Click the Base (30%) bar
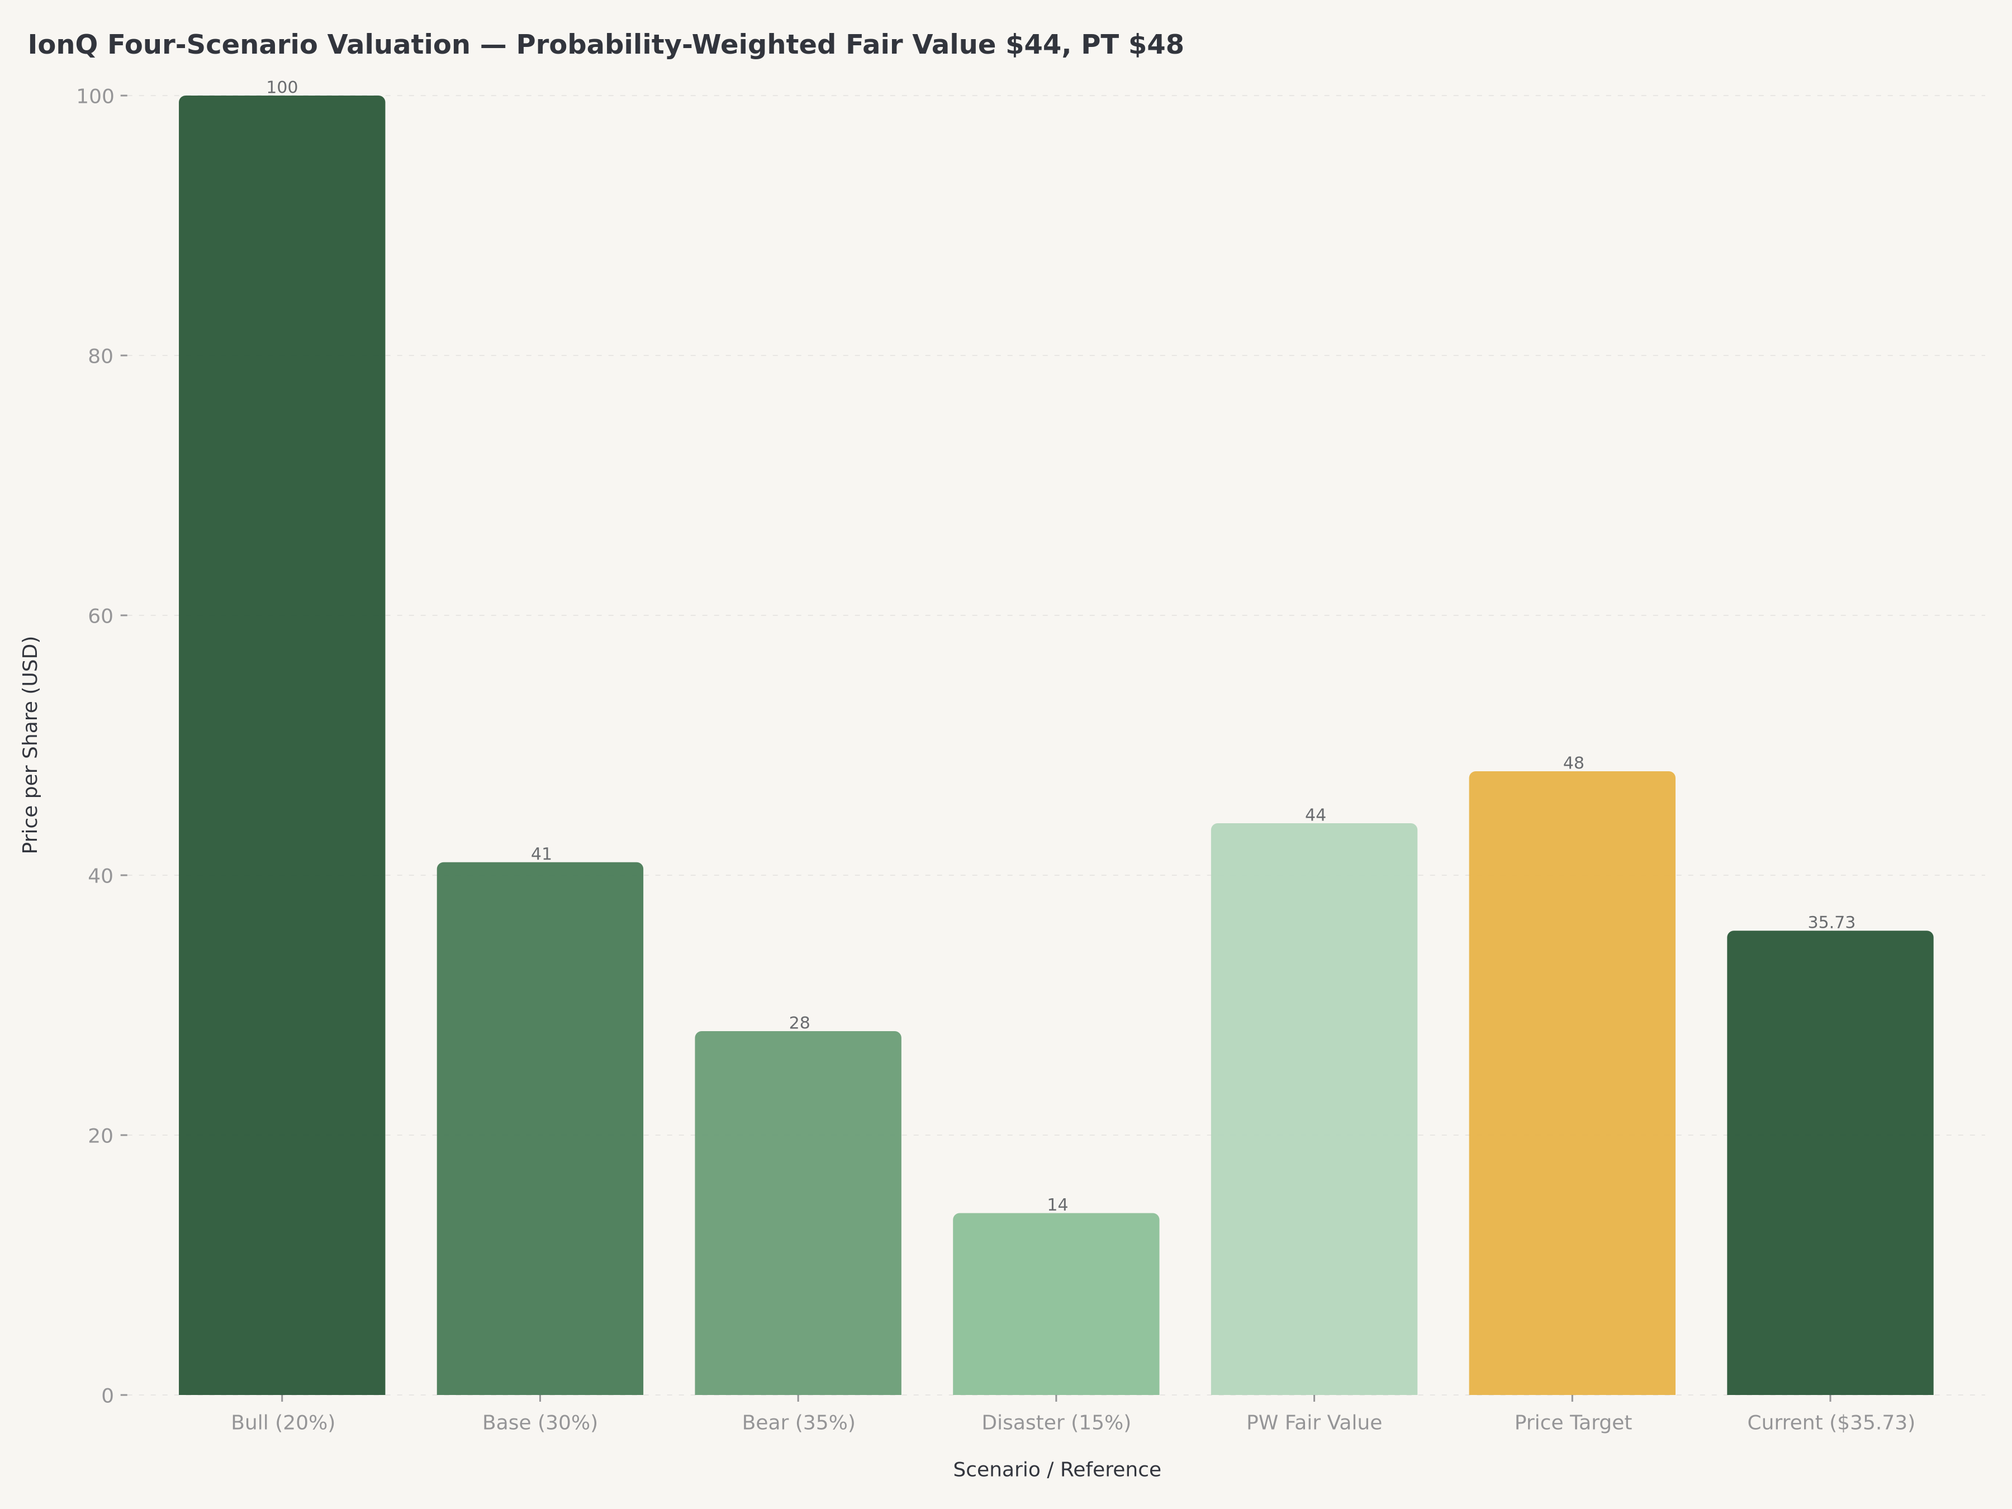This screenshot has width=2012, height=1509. click(540, 1128)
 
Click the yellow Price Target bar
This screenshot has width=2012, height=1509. click(1572, 1083)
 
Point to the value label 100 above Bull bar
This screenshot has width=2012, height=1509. click(282, 87)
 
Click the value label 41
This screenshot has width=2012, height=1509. click(541, 854)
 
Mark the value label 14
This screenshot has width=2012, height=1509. click(1057, 1205)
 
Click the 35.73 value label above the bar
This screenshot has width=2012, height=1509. click(1831, 922)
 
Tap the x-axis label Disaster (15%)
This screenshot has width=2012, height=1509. click(1056, 1422)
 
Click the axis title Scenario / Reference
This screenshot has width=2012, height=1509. click(1057, 1470)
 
